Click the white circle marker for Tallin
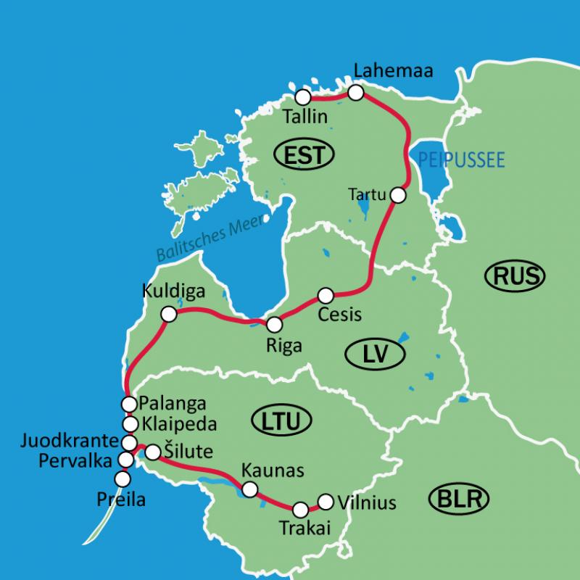click(303, 97)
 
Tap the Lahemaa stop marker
click(355, 93)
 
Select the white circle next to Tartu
click(397, 195)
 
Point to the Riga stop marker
click(274, 325)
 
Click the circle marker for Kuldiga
click(168, 314)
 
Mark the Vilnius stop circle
click(326, 501)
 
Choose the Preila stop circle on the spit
click(123, 478)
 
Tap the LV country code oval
click(374, 354)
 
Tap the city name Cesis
click(340, 315)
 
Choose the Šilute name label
click(188, 452)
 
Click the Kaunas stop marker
click(249, 489)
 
